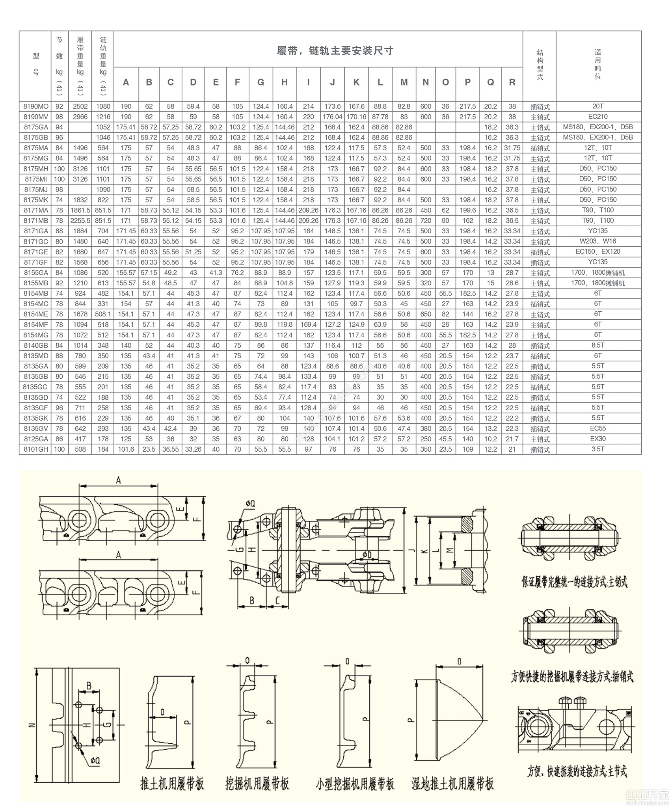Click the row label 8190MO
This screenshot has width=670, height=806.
(x=36, y=106)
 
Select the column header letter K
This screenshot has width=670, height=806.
(x=356, y=82)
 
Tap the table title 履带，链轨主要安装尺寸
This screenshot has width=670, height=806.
(x=335, y=51)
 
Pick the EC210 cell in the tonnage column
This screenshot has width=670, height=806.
(x=598, y=117)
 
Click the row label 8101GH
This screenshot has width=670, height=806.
(x=36, y=449)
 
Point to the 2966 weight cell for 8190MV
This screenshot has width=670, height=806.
(x=80, y=117)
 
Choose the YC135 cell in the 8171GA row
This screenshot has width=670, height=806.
(x=598, y=231)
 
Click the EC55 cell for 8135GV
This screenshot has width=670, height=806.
(x=598, y=428)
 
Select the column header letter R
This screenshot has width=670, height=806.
(x=512, y=82)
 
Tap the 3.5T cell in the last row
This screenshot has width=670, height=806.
(x=598, y=449)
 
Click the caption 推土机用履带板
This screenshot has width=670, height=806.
(x=172, y=784)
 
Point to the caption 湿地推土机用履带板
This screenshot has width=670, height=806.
(x=453, y=784)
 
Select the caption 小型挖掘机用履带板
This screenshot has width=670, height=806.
(x=355, y=784)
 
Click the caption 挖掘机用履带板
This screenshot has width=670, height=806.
(x=257, y=784)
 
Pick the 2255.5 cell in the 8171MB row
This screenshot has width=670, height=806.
(x=80, y=221)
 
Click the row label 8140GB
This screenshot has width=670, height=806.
(x=36, y=346)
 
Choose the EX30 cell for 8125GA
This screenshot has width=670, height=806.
(x=598, y=439)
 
